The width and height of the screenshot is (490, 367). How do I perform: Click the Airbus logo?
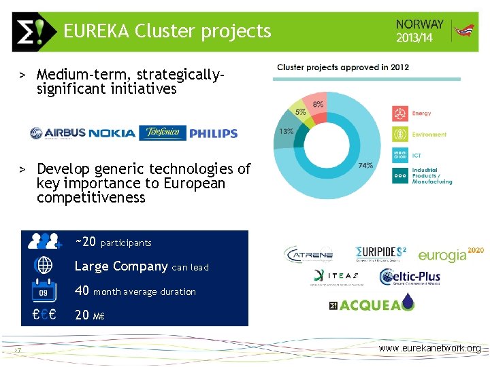(57, 133)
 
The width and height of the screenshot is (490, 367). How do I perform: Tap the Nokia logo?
(112, 133)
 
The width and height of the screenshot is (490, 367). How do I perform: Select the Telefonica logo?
(162, 133)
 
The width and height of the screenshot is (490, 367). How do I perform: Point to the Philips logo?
(213, 133)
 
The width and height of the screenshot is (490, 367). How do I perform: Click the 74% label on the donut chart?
(365, 165)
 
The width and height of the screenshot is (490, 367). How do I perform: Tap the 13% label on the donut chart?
(287, 131)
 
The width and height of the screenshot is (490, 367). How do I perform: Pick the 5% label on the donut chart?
(300, 112)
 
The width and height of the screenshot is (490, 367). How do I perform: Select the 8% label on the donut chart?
(318, 104)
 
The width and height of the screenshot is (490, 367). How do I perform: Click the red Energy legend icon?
(400, 113)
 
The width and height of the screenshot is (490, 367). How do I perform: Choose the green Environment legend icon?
(400, 135)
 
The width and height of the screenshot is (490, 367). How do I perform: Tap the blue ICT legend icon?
(400, 156)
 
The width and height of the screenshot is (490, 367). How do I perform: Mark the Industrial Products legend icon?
(400, 177)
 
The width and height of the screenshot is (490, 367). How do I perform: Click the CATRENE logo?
(308, 255)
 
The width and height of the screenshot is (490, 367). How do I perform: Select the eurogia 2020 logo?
(451, 255)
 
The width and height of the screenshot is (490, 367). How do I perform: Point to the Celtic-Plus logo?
(410, 277)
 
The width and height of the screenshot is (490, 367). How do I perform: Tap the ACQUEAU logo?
(371, 304)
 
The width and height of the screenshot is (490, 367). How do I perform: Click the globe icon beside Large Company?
(44, 265)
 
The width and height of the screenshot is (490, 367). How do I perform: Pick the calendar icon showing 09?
(44, 291)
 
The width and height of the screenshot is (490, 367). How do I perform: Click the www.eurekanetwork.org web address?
(429, 349)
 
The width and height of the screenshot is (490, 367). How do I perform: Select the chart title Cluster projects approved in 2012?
(343, 67)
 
